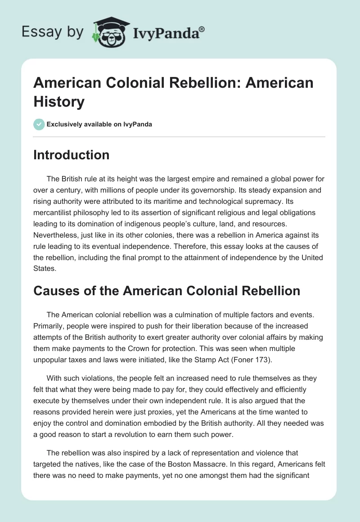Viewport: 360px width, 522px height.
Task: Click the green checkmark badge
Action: [x=39, y=124]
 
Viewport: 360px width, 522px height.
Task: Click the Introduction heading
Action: [x=71, y=155]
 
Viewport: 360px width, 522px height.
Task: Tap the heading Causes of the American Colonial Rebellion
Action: [x=166, y=291]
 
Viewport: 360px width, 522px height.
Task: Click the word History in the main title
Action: [x=59, y=102]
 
